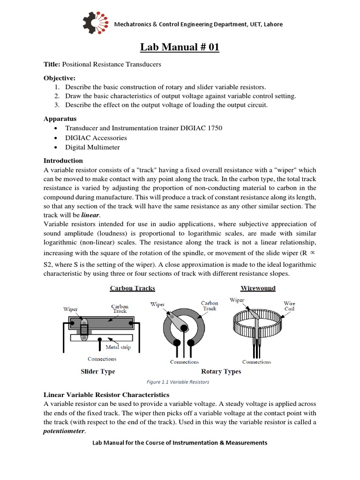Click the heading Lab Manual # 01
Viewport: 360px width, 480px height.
(180, 47)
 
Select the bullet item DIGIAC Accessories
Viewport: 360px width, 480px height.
(96, 138)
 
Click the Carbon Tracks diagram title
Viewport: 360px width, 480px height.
(132, 288)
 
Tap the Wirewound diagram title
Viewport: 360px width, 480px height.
(258, 288)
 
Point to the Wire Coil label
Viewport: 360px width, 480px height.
(290, 306)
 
